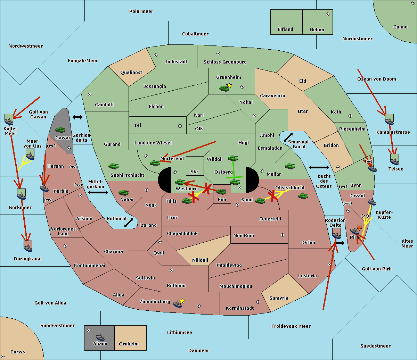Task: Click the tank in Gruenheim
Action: click(224, 88)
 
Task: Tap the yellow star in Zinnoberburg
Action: click(182, 301)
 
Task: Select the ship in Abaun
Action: click(100, 337)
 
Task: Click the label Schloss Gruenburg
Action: click(225, 62)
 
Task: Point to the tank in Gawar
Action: click(60, 129)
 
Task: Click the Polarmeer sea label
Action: click(141, 11)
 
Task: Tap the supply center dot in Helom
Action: click(328, 14)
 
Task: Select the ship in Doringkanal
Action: click(28, 248)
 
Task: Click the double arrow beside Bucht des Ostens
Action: click(319, 167)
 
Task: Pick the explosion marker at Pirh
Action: click(359, 228)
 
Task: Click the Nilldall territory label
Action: click(200, 260)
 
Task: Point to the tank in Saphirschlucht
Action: click(113, 166)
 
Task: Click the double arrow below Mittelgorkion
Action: click(98, 192)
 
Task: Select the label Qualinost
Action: click(131, 72)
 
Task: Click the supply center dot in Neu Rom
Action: click(283, 235)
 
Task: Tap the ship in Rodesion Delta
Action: click(336, 235)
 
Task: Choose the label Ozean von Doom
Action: click(376, 79)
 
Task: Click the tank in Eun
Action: click(221, 192)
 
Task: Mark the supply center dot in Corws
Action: click(3, 357)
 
